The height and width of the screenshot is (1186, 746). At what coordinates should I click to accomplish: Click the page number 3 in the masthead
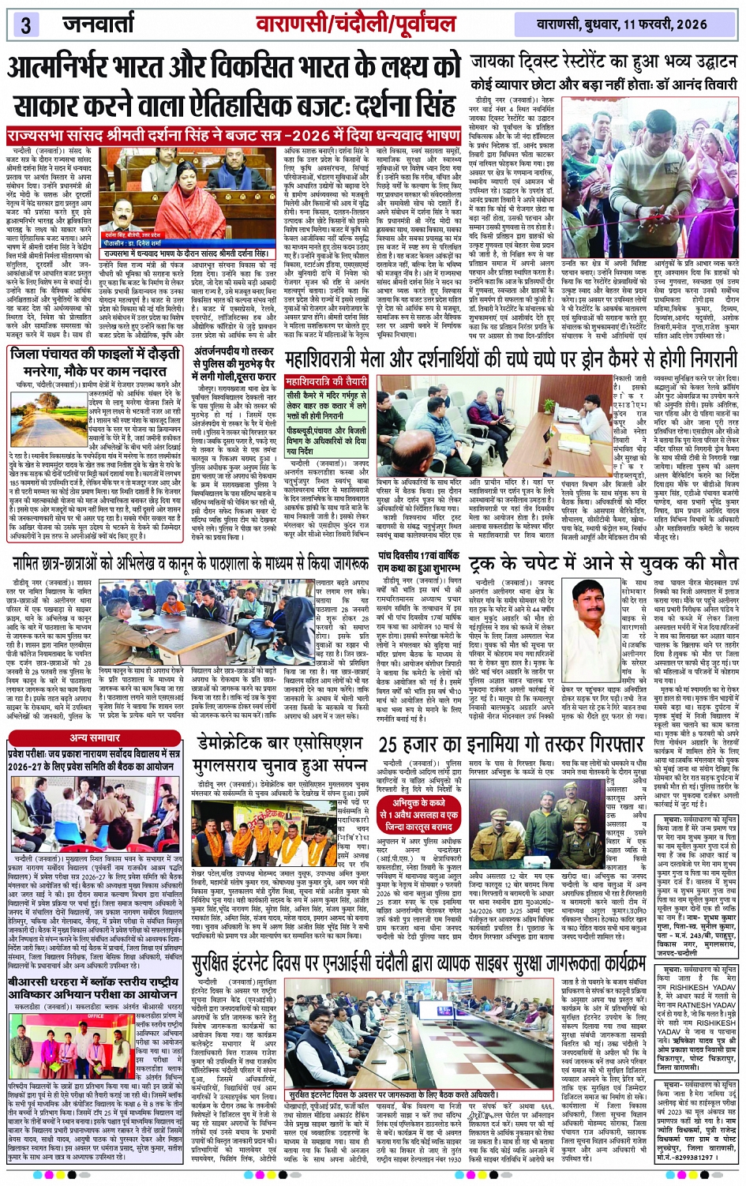24,24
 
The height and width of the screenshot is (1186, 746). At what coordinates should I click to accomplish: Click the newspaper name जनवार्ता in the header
99,24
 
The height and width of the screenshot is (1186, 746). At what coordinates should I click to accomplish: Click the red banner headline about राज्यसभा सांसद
234,135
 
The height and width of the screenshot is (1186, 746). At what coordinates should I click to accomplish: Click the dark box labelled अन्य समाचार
96,737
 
